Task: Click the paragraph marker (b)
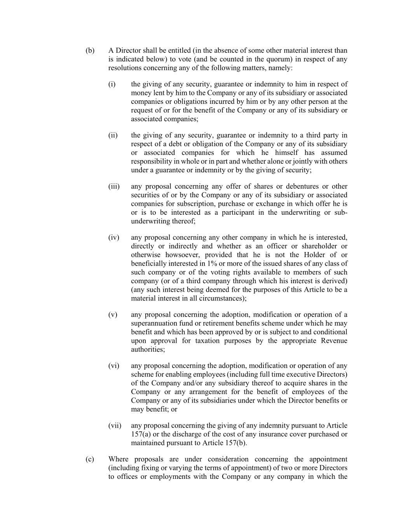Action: tap(90, 51)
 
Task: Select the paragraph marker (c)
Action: tap(90, 459)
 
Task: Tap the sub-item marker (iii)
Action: tap(113, 186)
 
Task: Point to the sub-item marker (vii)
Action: tap(115, 426)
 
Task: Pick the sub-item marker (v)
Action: tap(113, 315)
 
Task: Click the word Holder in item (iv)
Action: tap(319, 255)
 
